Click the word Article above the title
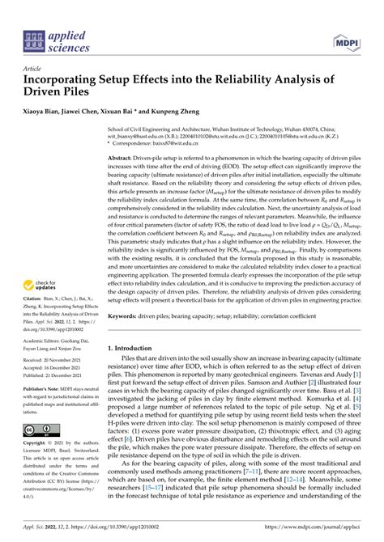coord(37,70)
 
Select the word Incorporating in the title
coord(70,83)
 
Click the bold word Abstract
coord(122,158)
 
